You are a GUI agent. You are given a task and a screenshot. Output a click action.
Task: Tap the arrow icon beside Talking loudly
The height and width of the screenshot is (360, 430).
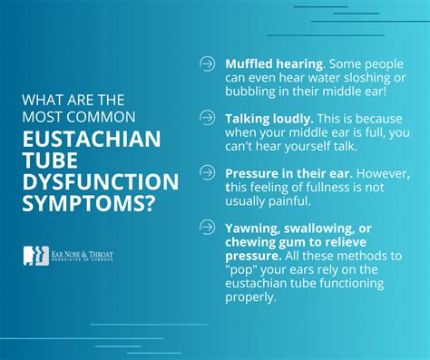click(207, 119)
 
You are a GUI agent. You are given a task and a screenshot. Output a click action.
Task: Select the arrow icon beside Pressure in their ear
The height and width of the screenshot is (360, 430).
click(207, 172)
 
